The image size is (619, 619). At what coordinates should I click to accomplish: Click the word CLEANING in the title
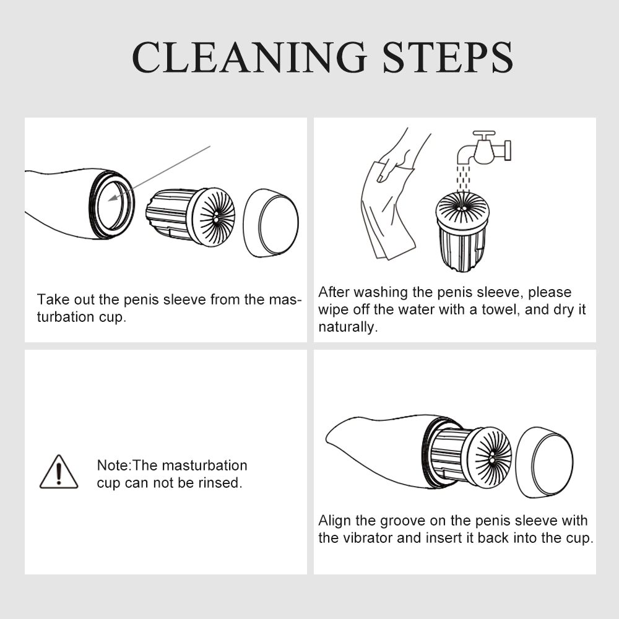[x=249, y=57]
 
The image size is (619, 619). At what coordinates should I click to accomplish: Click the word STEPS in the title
[x=448, y=57]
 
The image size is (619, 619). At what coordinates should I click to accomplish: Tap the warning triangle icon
[x=59, y=472]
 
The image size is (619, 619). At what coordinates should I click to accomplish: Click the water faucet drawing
[x=484, y=149]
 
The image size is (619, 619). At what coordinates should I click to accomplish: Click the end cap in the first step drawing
[x=271, y=223]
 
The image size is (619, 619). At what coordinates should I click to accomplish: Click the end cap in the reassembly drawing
[x=545, y=462]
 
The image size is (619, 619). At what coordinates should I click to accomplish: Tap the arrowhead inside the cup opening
[x=113, y=197]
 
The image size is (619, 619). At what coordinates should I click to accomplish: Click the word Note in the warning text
[x=113, y=465]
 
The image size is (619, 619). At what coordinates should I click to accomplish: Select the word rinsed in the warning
[x=220, y=483]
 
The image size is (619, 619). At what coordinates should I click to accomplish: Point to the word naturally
[x=348, y=327]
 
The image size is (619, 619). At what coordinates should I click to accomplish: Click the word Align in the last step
[x=335, y=521]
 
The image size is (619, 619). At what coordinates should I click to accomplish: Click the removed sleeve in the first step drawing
[x=190, y=217]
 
